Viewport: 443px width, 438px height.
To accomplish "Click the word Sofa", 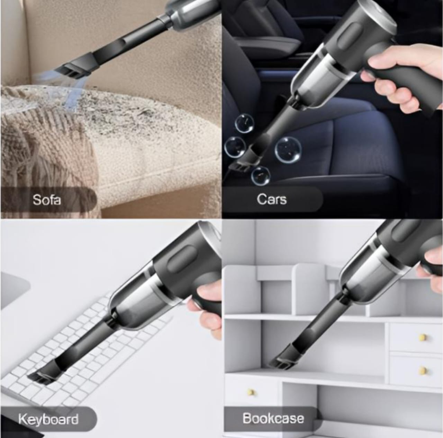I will [47, 200].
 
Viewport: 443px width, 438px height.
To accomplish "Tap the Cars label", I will [272, 199].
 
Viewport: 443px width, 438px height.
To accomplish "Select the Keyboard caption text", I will [48, 419].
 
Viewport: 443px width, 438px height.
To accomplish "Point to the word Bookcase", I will [273, 418].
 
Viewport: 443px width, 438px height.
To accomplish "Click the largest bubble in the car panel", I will [288, 150].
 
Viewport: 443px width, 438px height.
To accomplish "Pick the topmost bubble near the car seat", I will [244, 124].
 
